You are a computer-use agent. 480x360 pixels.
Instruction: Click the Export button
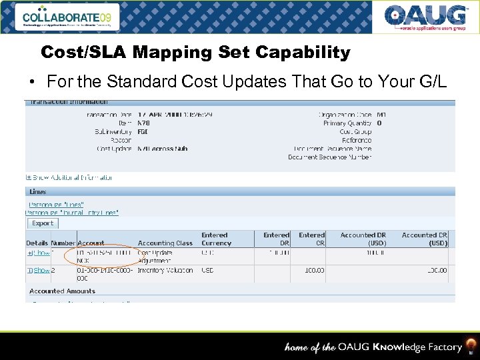[x=43, y=223]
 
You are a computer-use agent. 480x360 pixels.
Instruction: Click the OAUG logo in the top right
[x=425, y=17]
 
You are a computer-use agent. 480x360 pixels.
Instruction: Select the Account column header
[x=91, y=243]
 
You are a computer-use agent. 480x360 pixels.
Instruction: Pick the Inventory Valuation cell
[x=165, y=271]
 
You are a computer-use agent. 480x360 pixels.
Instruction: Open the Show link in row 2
[x=41, y=271]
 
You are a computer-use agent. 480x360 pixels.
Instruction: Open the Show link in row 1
[x=41, y=253]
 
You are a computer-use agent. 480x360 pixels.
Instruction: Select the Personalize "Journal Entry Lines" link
[x=73, y=213]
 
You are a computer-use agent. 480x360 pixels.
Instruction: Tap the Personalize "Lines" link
[x=56, y=205]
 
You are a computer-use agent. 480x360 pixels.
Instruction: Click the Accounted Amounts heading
[x=62, y=291]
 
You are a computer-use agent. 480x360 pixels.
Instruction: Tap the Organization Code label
[x=345, y=115]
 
